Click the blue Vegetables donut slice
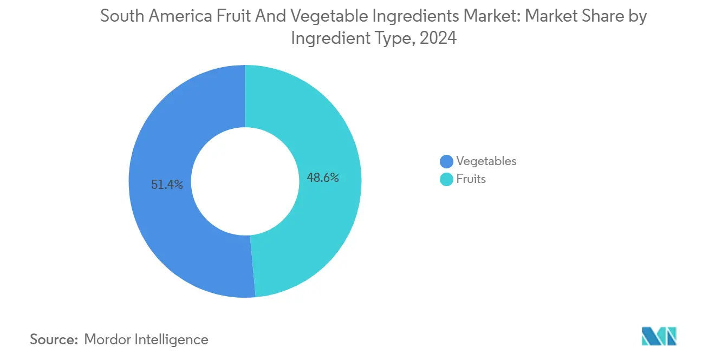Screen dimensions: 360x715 [x=162, y=227]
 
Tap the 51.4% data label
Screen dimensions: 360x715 [x=167, y=185]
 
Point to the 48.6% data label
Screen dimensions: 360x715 [x=323, y=178]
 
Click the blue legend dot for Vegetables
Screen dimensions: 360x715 [x=446, y=161]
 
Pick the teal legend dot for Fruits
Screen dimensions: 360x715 [x=446, y=179]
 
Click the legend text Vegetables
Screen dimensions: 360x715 [x=486, y=161]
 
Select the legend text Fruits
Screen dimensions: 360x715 [x=471, y=179]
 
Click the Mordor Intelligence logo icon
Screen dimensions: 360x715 [x=659, y=336]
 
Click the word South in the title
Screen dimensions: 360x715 [x=119, y=17]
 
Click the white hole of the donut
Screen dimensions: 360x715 [x=245, y=181]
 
